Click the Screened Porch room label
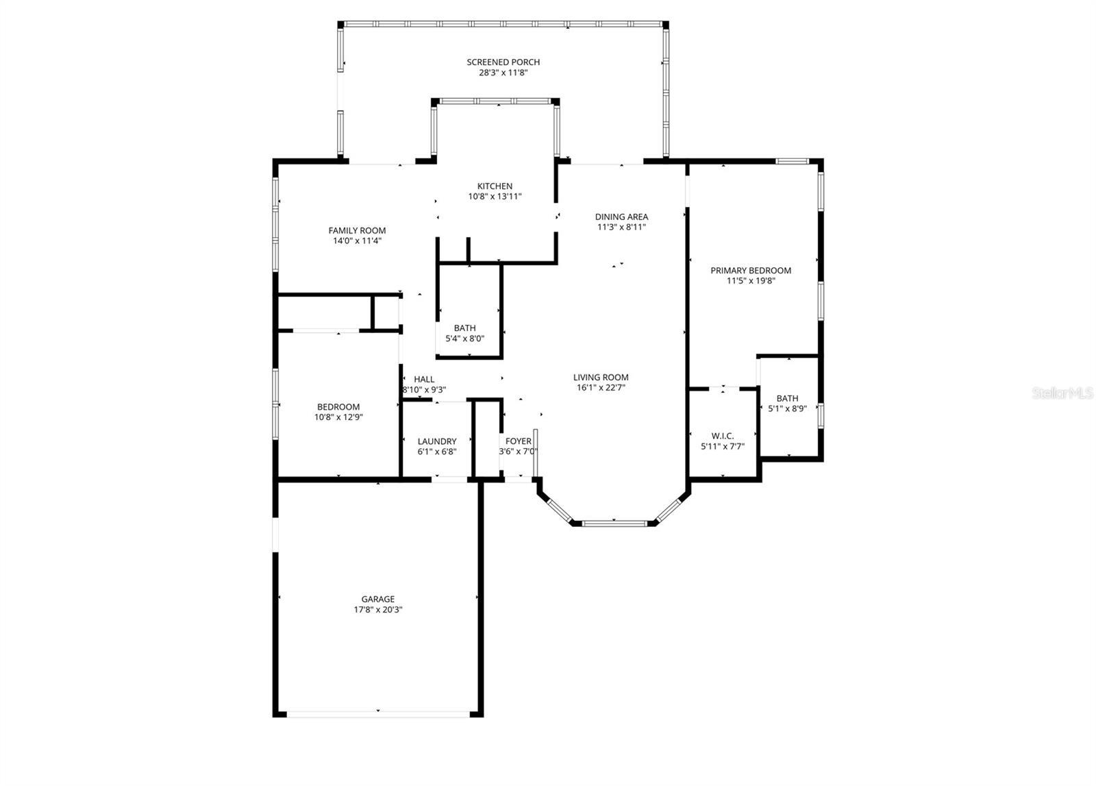503,62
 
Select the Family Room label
357,231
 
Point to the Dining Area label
621,217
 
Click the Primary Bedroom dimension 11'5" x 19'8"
751,280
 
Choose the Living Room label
601,378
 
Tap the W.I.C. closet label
723,436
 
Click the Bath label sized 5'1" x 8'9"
787,398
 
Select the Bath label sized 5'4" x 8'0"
464,328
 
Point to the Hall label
424,380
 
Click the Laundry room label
437,442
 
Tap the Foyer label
519,441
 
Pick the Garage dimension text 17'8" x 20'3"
378,609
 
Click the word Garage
378,599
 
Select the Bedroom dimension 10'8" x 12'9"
338,417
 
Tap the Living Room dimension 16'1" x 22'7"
601,387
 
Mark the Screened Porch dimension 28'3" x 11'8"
503,72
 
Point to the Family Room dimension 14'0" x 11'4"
357,241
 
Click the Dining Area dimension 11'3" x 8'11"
621,227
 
